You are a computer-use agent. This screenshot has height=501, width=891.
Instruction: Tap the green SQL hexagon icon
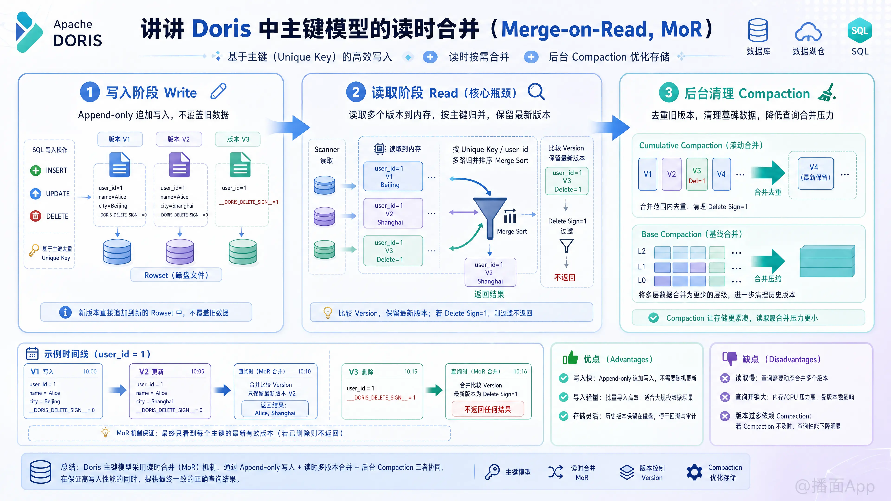point(859,30)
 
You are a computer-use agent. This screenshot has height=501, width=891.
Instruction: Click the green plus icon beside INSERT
point(35,170)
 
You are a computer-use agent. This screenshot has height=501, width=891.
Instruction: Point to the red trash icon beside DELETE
point(35,216)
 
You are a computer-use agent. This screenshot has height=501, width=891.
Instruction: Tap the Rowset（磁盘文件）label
point(176,275)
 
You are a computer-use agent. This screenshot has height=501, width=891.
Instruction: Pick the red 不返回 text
point(565,277)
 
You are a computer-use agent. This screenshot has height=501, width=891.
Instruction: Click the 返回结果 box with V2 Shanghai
point(490,273)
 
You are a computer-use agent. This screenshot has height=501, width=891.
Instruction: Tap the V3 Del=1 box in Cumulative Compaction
point(697,174)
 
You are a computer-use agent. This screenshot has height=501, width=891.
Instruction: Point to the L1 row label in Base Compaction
point(642,267)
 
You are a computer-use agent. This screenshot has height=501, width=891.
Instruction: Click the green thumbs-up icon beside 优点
point(570,358)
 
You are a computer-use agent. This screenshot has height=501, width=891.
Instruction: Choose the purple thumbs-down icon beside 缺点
point(730,358)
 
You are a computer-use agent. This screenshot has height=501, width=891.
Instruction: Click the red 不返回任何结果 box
point(488,409)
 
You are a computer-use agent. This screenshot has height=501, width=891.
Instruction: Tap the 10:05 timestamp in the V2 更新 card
point(197,372)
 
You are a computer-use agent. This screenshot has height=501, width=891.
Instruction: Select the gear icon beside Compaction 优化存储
point(694,472)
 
